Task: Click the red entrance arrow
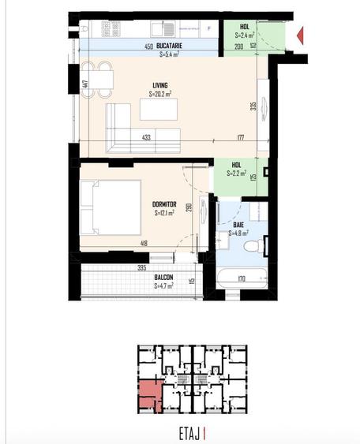tap(301, 35)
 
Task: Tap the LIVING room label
tap(162, 86)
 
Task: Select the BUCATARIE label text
tap(171, 47)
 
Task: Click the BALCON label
tap(164, 277)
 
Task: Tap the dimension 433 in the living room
tap(146, 136)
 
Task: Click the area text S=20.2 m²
tap(162, 94)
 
